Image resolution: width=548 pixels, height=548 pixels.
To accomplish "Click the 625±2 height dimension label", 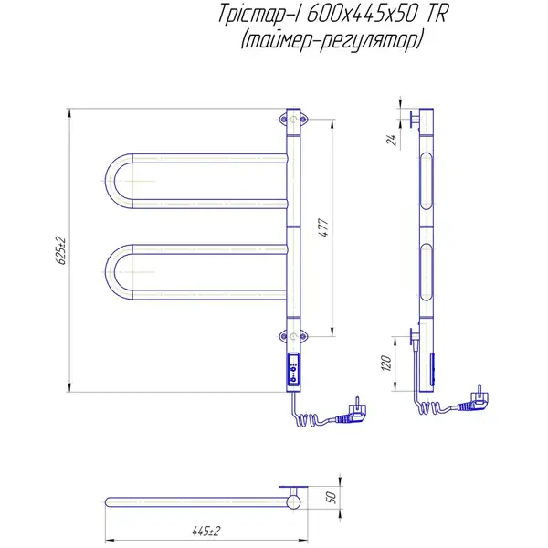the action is pyautogui.click(x=61, y=251).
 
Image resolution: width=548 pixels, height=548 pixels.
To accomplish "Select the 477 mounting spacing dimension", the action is pyautogui.click(x=324, y=227).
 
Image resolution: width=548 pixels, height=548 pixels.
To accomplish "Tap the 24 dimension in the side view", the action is pyautogui.click(x=392, y=140).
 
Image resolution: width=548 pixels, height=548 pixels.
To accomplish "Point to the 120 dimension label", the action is pyautogui.click(x=386, y=364).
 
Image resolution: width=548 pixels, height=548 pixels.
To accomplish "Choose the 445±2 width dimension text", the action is pyautogui.click(x=206, y=531).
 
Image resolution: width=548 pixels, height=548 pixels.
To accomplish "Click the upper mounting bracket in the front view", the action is pyautogui.click(x=293, y=120).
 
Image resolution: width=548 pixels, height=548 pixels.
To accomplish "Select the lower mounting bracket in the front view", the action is pyautogui.click(x=293, y=336).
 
